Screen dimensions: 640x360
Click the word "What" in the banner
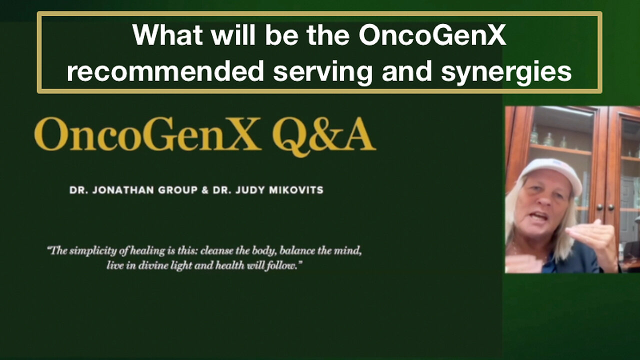(167, 35)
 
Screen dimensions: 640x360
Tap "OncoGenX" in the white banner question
(432, 35)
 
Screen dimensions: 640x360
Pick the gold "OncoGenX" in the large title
(147, 134)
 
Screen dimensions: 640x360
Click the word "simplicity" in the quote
(93, 251)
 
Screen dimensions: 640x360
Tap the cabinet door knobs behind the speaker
(605, 207)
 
